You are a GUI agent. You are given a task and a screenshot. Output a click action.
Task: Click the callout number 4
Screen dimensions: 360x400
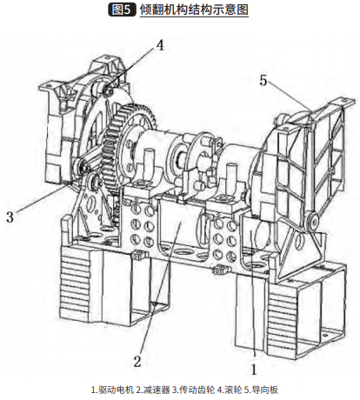tap(160, 45)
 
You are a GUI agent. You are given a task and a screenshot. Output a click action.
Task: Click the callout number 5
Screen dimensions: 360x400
tap(263, 80)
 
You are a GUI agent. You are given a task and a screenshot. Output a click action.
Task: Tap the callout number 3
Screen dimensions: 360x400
tap(10, 217)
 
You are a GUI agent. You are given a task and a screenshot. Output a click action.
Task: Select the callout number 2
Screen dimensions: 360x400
tap(137, 362)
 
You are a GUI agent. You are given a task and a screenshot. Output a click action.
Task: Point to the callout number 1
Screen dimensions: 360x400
tap(254, 370)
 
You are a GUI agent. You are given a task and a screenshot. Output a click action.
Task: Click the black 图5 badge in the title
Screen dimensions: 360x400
tap(122, 10)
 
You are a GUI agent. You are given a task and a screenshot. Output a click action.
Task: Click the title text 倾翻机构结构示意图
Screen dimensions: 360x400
tap(194, 10)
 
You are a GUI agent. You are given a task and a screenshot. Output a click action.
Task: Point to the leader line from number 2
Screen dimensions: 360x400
tap(161, 283)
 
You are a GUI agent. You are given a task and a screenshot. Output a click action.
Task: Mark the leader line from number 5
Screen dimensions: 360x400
tap(290, 97)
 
